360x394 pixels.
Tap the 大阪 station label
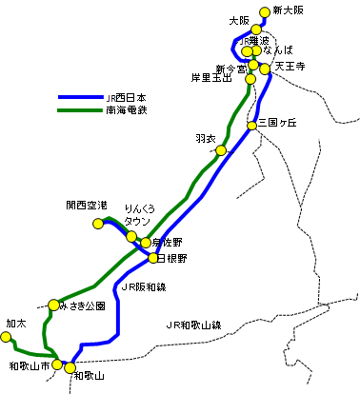[238, 20]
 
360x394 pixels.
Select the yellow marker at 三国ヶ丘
[252, 126]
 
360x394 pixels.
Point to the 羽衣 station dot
[221, 150]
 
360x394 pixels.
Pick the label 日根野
[173, 258]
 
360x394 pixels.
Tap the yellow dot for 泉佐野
[146, 243]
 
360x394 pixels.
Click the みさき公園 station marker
[54, 305]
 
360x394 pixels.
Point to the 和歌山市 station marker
[57, 364]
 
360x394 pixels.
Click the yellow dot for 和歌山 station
[69, 367]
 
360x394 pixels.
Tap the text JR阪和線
[144, 286]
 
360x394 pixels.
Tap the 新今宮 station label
[230, 69]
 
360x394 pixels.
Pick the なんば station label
[279, 48]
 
